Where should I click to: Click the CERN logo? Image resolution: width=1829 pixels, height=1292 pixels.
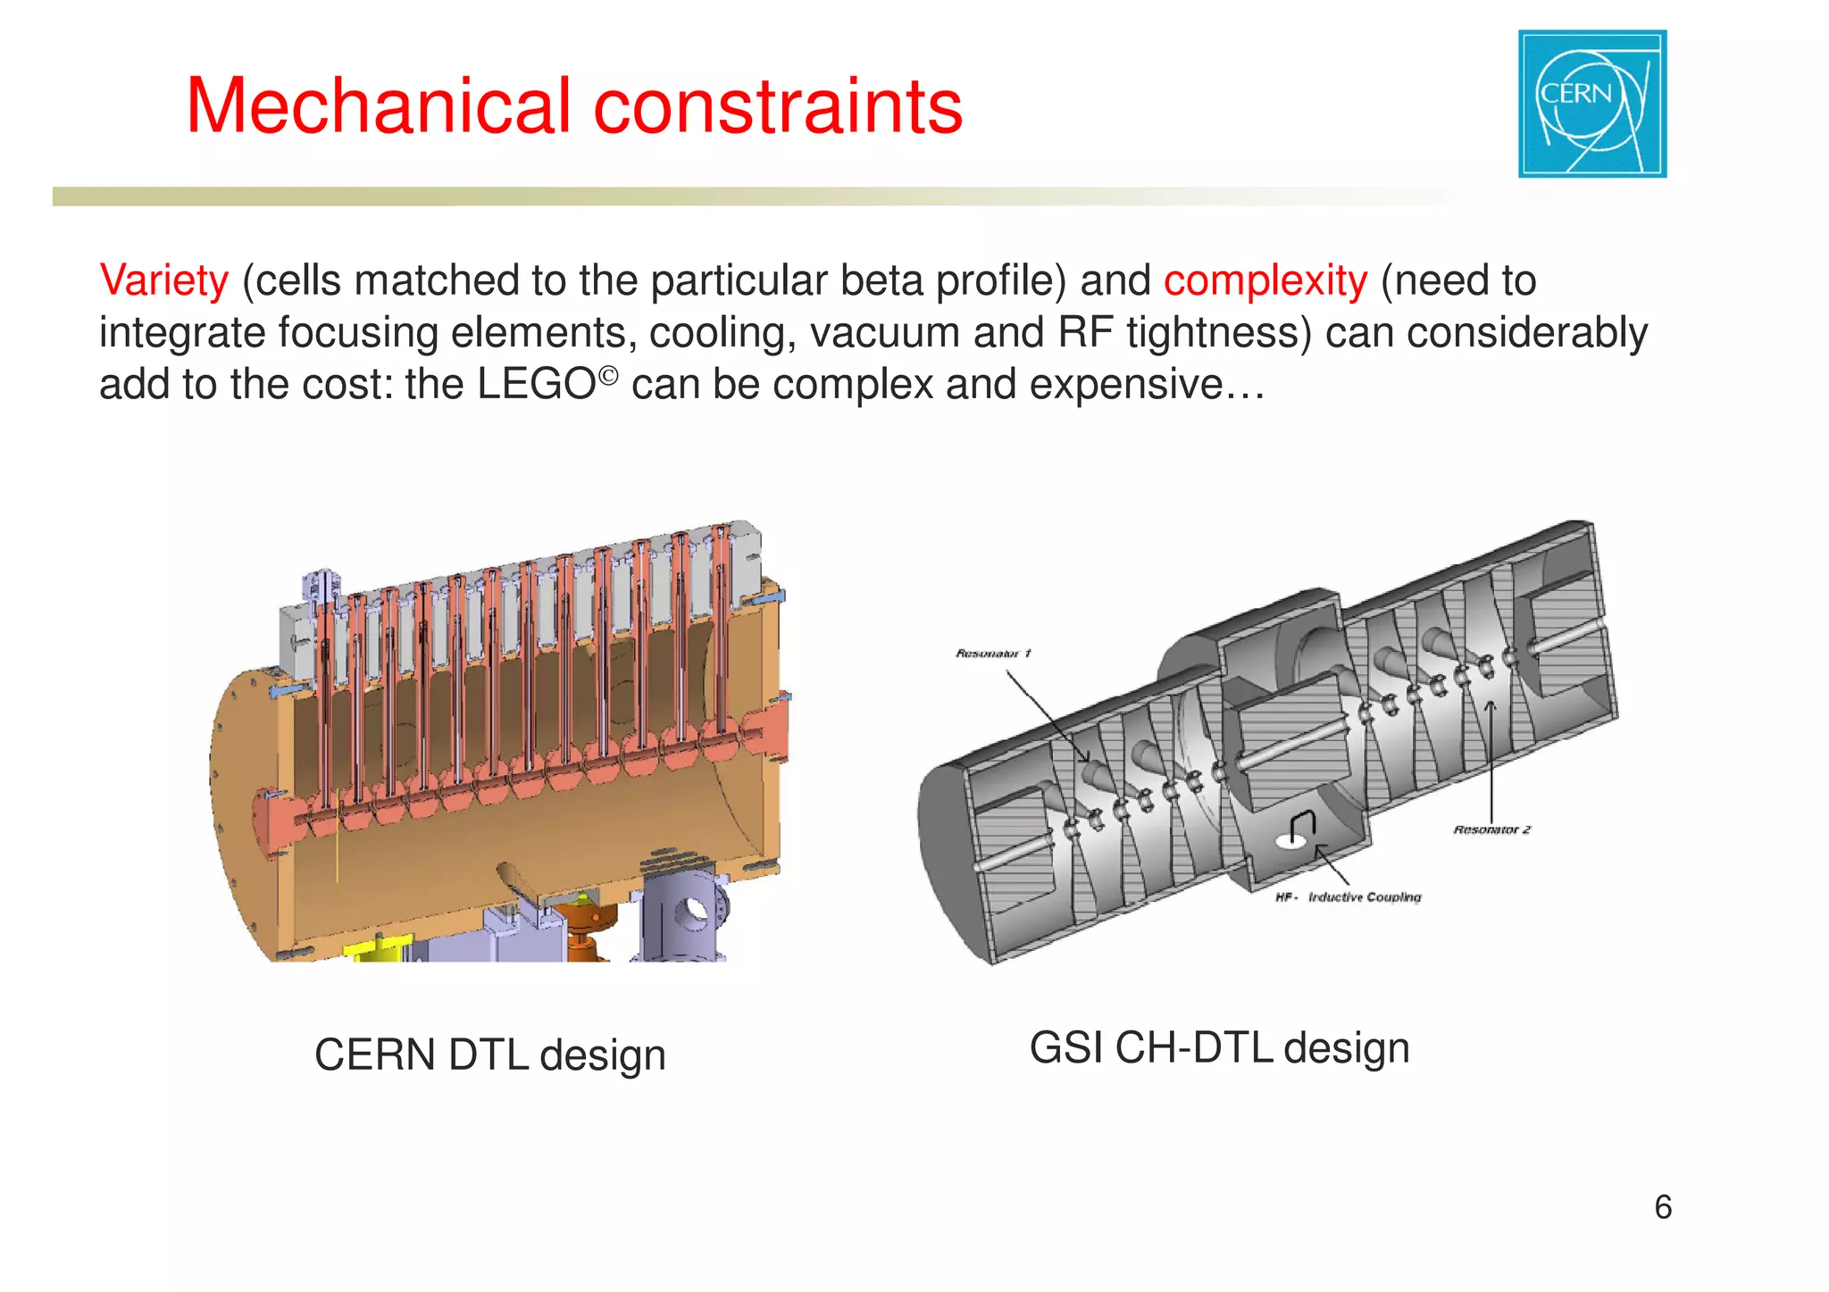tap(1591, 104)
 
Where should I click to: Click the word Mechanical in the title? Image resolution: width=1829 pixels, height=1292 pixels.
tap(378, 107)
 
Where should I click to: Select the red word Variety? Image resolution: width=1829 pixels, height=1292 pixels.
tap(164, 281)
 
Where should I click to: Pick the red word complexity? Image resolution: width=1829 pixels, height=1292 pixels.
tap(1265, 281)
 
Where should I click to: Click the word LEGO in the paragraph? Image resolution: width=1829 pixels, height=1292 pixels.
tap(536, 385)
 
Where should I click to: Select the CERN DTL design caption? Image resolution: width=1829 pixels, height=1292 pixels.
tap(489, 1055)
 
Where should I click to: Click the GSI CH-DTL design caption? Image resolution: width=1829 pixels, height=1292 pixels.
tap(1219, 1048)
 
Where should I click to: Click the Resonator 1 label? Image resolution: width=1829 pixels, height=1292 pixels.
tap(993, 654)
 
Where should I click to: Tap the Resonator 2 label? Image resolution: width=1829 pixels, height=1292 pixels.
tap(1491, 830)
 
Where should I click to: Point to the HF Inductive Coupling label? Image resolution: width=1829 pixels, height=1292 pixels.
tap(1349, 897)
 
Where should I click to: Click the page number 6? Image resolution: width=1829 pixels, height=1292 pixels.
tap(1662, 1207)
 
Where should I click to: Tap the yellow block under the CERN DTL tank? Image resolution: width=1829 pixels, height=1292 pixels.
tap(380, 949)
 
